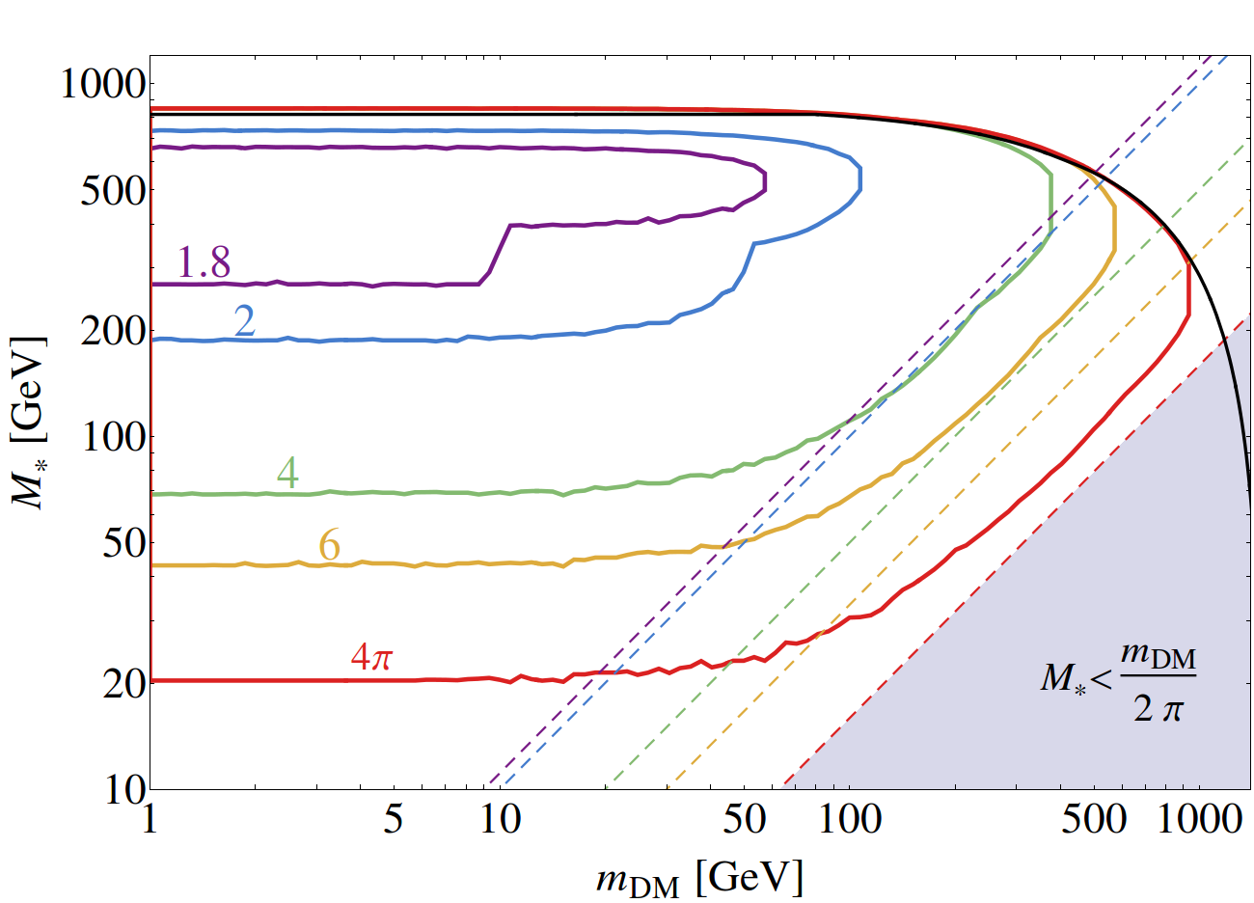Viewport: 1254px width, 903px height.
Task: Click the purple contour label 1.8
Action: pyautogui.click(x=204, y=261)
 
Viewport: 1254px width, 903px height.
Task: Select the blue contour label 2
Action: pyautogui.click(x=245, y=321)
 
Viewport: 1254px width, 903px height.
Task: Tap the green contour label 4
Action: pyautogui.click(x=287, y=473)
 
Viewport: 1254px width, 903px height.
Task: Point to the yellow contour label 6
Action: pyautogui.click(x=330, y=546)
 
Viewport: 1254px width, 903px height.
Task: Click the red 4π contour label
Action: pyautogui.click(x=371, y=658)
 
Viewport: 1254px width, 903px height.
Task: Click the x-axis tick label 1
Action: pyautogui.click(x=149, y=820)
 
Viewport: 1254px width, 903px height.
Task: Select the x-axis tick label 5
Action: pyautogui.click(x=393, y=820)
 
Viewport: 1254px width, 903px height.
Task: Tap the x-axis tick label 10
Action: pyautogui.click(x=500, y=820)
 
